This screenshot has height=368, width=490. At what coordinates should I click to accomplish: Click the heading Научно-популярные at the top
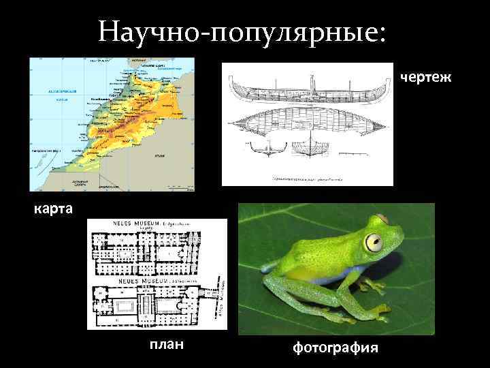[x=241, y=30]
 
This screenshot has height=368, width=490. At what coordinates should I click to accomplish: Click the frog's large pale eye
[x=374, y=241]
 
